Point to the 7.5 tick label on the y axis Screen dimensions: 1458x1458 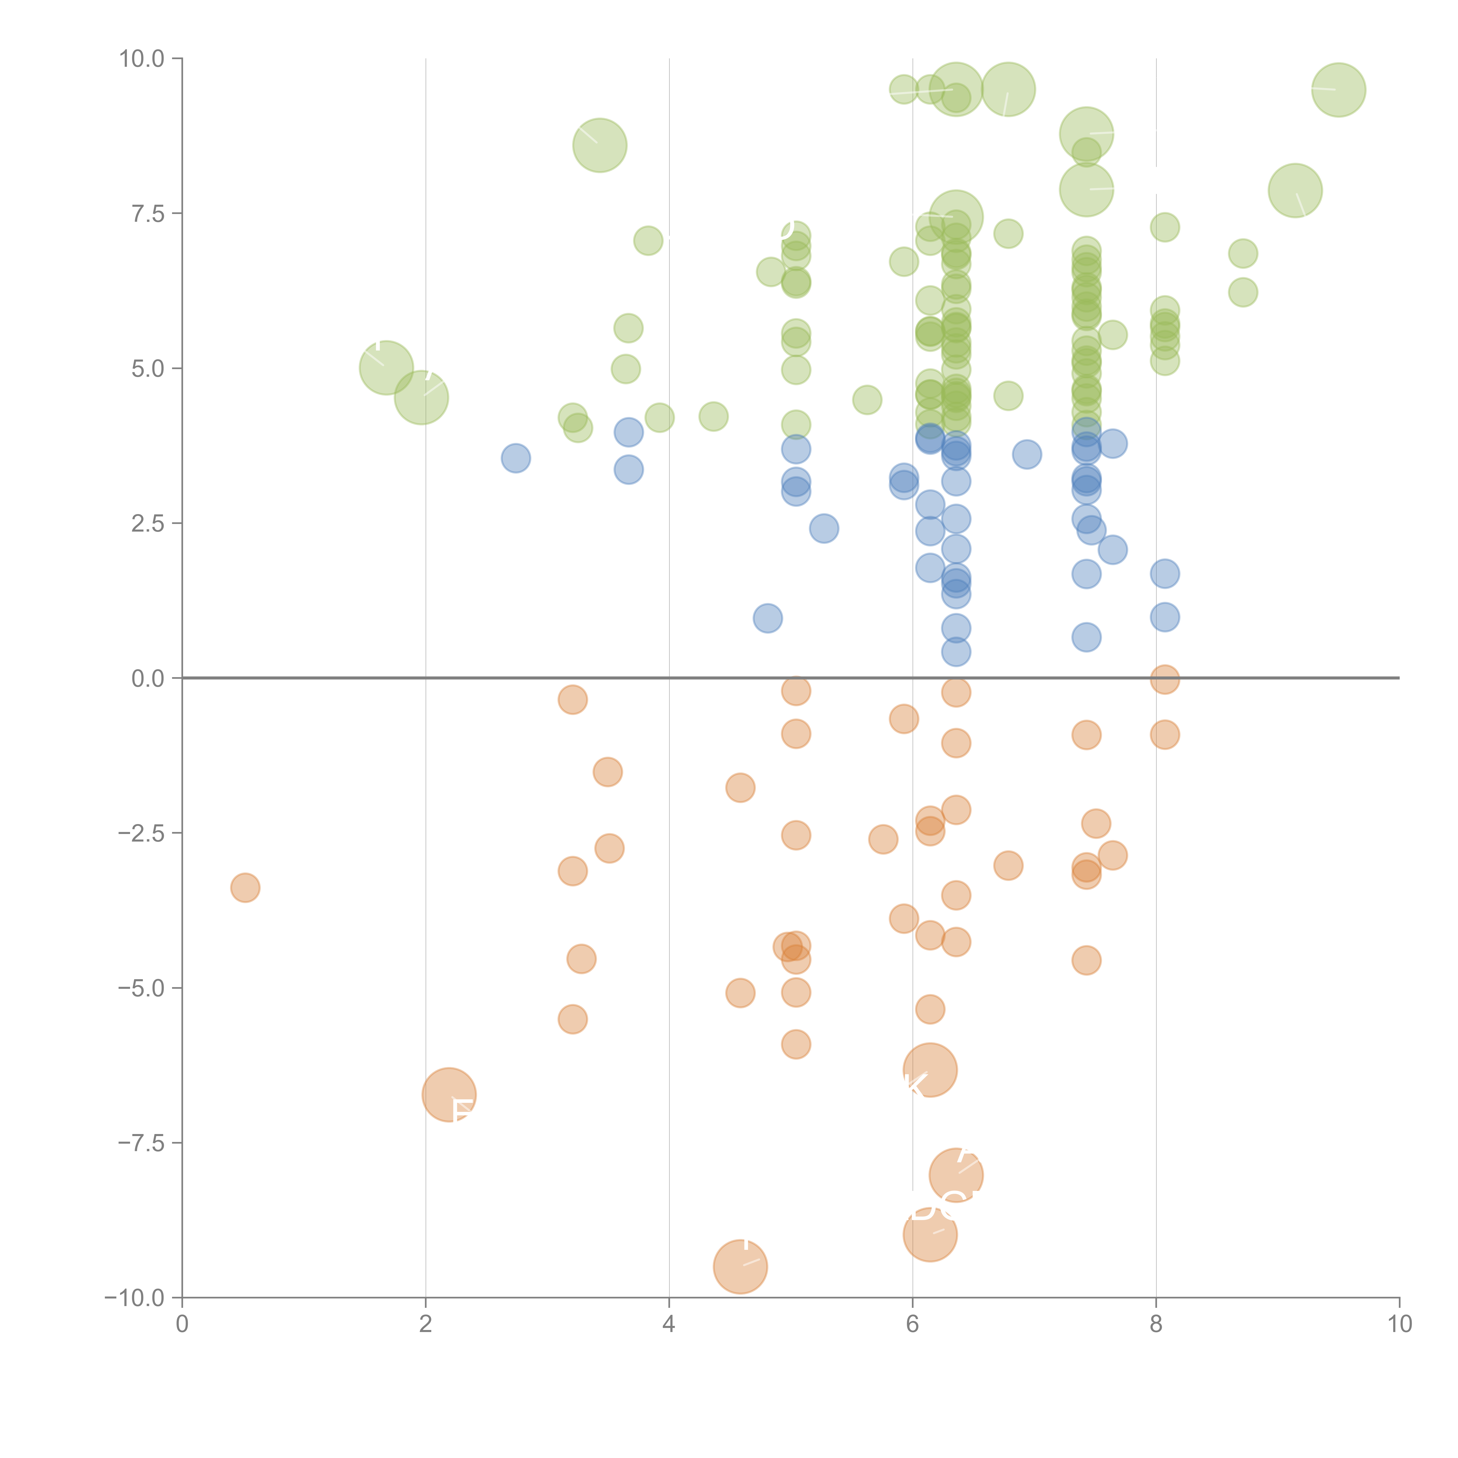(x=147, y=213)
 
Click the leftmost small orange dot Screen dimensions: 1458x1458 (x=245, y=887)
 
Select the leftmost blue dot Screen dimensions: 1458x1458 (x=516, y=458)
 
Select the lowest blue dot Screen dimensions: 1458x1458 (x=956, y=652)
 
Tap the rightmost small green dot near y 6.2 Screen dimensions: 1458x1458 (x=1243, y=292)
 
